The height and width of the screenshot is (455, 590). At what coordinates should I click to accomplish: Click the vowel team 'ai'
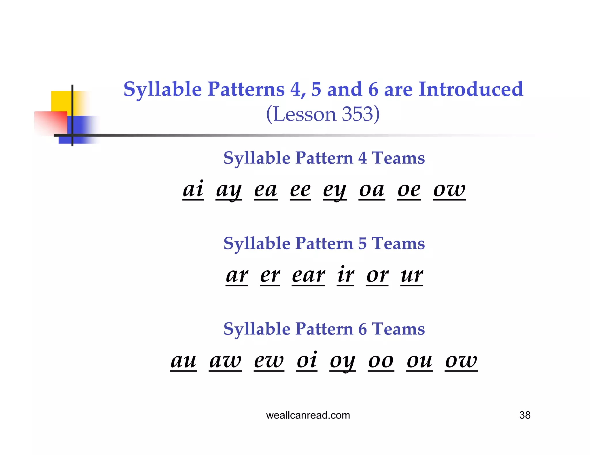(x=193, y=190)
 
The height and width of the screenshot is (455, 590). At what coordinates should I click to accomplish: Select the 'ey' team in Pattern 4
(x=334, y=190)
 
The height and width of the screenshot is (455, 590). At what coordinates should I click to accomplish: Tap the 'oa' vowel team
(x=372, y=190)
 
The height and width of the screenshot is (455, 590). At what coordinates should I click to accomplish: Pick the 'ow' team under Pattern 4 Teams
(x=449, y=190)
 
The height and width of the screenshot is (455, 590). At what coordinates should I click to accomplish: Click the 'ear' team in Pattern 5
(x=308, y=275)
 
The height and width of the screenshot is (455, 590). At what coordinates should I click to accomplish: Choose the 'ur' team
(x=411, y=275)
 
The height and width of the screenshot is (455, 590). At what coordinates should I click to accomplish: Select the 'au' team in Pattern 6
(x=184, y=361)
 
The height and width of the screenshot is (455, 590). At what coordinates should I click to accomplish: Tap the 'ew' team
(x=269, y=361)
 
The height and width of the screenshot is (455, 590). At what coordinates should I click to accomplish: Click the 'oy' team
(x=343, y=361)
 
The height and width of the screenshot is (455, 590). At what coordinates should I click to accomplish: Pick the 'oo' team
(x=381, y=361)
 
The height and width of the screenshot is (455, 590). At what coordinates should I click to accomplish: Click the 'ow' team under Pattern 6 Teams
(x=461, y=361)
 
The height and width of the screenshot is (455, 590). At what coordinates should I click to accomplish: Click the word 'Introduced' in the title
(x=470, y=89)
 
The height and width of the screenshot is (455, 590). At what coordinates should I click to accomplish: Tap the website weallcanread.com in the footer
(x=308, y=415)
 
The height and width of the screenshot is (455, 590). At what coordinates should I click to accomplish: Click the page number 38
(x=525, y=415)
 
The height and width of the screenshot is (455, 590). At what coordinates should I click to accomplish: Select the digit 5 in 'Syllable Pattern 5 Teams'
(x=362, y=244)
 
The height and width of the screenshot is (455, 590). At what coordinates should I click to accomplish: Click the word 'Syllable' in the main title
(x=162, y=89)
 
